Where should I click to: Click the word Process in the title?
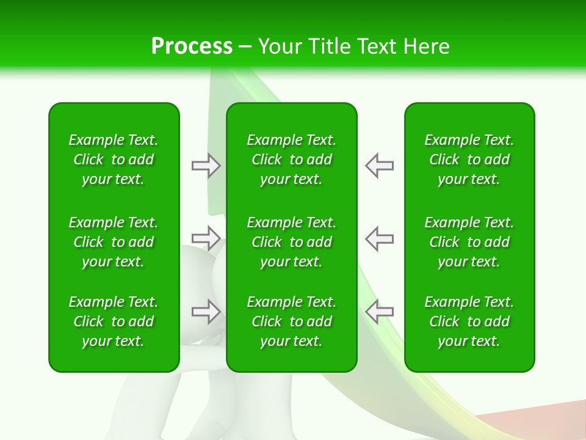[192, 46]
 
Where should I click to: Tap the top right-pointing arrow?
[206, 166]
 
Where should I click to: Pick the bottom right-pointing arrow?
[206, 311]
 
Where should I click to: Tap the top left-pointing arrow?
[379, 166]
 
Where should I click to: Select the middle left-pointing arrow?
[379, 238]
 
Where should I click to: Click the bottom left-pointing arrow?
[379, 311]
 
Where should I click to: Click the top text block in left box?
[114, 159]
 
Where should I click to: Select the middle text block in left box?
[114, 242]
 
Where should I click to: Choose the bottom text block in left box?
[114, 321]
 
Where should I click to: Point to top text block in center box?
[291, 159]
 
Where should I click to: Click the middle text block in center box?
[291, 242]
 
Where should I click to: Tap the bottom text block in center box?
[291, 321]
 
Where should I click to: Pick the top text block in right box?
[469, 159]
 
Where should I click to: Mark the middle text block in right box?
[469, 242]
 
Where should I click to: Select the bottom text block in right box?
[469, 321]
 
